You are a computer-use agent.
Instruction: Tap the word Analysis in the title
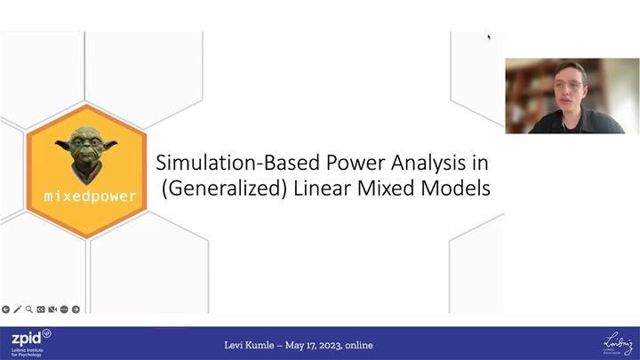coord(446,164)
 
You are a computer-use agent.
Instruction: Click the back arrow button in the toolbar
coord(6,309)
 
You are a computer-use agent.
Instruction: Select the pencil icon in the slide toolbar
coord(18,309)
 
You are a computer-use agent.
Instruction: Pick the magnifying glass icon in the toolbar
coord(29,309)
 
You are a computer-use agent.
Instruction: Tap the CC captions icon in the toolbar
coord(41,309)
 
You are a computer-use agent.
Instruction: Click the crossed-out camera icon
coord(52,309)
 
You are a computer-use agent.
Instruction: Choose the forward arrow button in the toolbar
coord(76,309)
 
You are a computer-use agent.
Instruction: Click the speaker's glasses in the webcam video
coord(571,85)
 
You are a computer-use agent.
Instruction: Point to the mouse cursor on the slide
coord(488,36)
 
